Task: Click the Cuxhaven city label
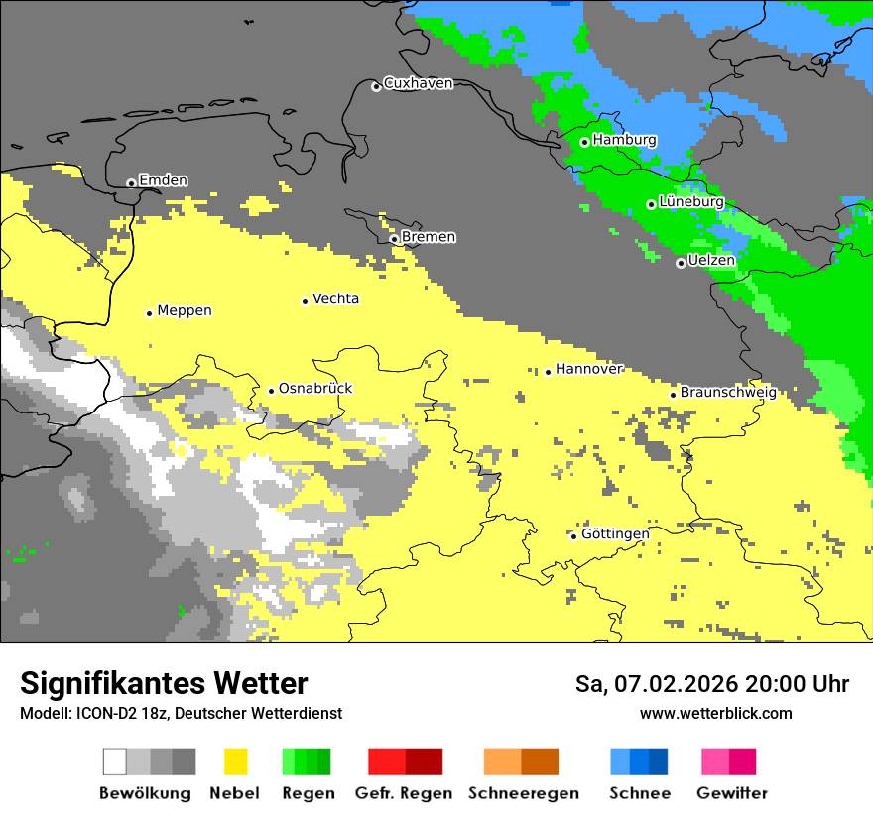pyautogui.click(x=418, y=83)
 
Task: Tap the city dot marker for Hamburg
pyautogui.click(x=585, y=142)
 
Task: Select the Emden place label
pyautogui.click(x=163, y=180)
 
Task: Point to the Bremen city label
pyautogui.click(x=429, y=237)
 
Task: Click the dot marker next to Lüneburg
pyautogui.click(x=652, y=204)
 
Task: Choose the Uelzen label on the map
pyautogui.click(x=711, y=261)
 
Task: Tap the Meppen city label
pyautogui.click(x=185, y=310)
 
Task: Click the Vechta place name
pyautogui.click(x=335, y=299)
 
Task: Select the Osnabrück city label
pyautogui.click(x=315, y=389)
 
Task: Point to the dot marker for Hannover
pyautogui.click(x=548, y=372)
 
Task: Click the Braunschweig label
pyautogui.click(x=728, y=392)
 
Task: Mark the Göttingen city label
pyautogui.click(x=615, y=534)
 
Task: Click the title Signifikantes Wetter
pyautogui.click(x=164, y=684)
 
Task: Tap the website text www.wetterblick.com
pyautogui.click(x=715, y=714)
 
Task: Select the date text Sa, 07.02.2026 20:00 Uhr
pyautogui.click(x=711, y=684)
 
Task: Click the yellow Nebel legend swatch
pyautogui.click(x=235, y=762)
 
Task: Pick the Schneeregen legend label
pyautogui.click(x=524, y=793)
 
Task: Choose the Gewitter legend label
pyautogui.click(x=731, y=793)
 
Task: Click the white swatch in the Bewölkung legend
pyautogui.click(x=115, y=762)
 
